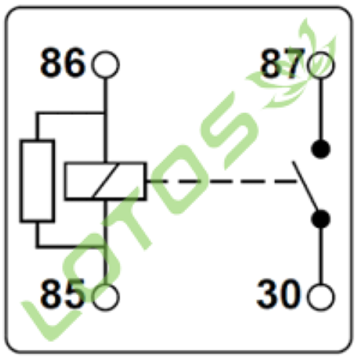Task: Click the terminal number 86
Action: tap(63, 63)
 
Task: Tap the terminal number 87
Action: tap(282, 63)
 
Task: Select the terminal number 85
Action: tap(63, 294)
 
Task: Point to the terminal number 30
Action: tap(279, 294)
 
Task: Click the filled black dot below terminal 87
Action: tap(320, 149)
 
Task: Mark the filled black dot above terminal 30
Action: tap(320, 219)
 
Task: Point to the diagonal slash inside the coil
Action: tap(106, 181)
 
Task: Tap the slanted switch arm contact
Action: tap(305, 186)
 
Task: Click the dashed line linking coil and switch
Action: tap(222, 181)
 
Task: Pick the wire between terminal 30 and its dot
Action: tap(320, 256)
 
